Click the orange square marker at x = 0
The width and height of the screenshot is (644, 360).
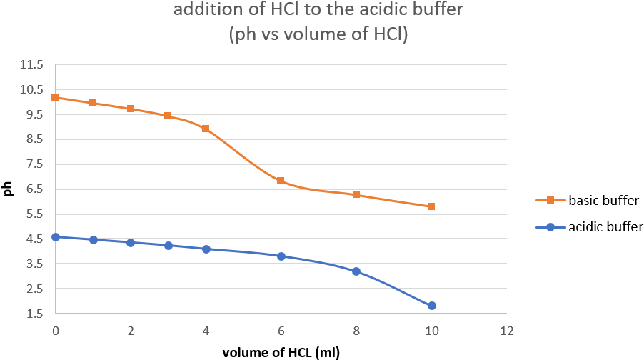(x=56, y=97)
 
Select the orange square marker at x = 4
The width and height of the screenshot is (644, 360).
(x=206, y=129)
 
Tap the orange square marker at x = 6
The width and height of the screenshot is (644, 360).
(x=281, y=181)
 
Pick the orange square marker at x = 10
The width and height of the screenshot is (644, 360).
(x=431, y=206)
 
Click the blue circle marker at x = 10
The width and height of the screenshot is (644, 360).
(x=431, y=306)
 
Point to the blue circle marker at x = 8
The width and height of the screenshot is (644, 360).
(x=356, y=271)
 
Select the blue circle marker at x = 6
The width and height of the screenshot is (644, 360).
(x=281, y=256)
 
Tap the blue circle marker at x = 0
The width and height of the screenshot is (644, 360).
(x=56, y=237)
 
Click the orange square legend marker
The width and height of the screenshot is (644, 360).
(x=550, y=201)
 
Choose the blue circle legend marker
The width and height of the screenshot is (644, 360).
(x=550, y=227)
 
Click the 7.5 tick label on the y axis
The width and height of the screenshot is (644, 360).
(x=34, y=164)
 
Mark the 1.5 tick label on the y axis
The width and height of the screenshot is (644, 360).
(x=34, y=314)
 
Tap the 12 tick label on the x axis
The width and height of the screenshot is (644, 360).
(x=507, y=331)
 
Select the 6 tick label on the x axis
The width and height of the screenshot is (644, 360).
(x=281, y=331)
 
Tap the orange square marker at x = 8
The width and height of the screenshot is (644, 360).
(x=356, y=194)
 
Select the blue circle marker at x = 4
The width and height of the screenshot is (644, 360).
(x=206, y=249)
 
